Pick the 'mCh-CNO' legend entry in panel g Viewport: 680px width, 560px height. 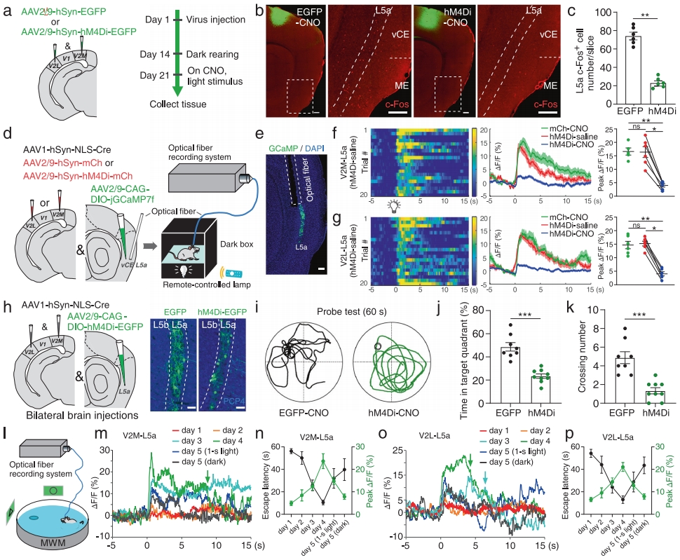pos(559,215)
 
